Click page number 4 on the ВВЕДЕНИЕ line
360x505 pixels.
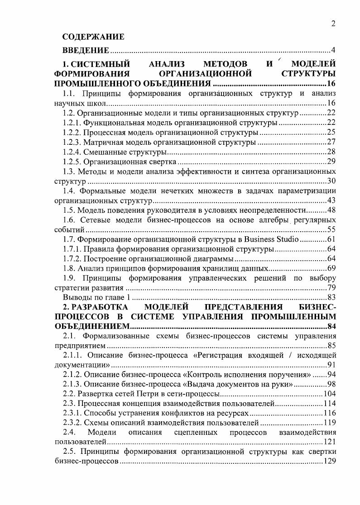[333, 50]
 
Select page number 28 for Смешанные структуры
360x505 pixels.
[331, 152]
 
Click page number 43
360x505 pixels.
[331, 201]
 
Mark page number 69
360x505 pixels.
[331, 269]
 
